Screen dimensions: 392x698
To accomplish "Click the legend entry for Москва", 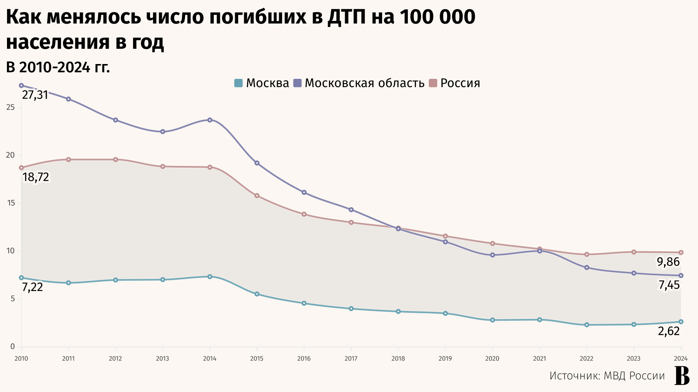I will pos(262,83).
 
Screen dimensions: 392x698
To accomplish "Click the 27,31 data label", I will pos(35,95).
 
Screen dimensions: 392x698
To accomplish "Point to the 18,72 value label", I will pos(36,177).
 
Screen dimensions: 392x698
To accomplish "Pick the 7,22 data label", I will pos(33,287).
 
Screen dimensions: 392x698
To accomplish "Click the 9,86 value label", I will pos(668,262).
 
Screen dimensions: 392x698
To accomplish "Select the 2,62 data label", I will pos(669,331).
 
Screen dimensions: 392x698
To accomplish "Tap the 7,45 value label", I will pos(669,285).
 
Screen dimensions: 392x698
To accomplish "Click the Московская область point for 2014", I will pos(210,120).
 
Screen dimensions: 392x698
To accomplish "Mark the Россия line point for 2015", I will pos(257,196).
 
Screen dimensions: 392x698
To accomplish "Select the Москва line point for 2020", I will pos(493,320).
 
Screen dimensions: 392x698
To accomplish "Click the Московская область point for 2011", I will pos(68,99).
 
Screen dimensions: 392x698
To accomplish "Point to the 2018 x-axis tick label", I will pos(398,358).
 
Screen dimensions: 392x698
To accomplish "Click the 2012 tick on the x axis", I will pos(115,358).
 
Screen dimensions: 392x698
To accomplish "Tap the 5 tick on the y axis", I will pos(13,299).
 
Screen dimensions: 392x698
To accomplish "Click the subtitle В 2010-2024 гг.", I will pos(58,68).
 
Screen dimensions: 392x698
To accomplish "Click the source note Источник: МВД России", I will pos(607,376).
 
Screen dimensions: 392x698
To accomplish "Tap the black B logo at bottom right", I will pos(682,375).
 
